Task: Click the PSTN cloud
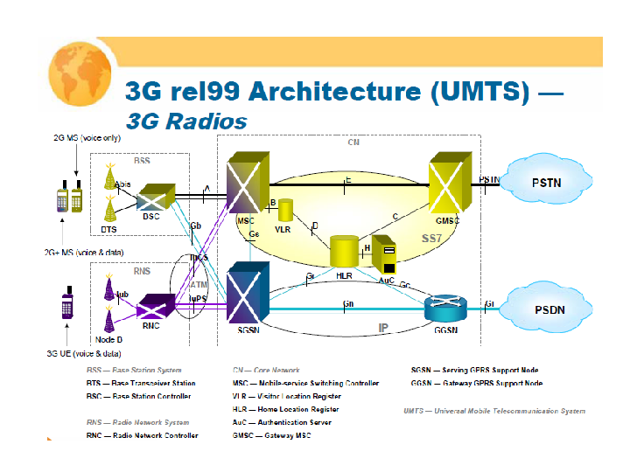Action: (553, 184)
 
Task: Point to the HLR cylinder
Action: (345, 251)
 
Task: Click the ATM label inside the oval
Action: (199, 284)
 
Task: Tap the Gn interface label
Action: (347, 304)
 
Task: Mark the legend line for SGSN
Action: (474, 370)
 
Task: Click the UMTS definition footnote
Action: (494, 410)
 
